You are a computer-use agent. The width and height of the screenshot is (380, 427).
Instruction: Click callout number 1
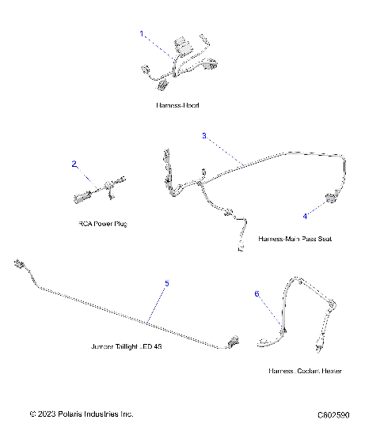click(142, 34)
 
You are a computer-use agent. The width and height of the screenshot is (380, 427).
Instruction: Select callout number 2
click(74, 164)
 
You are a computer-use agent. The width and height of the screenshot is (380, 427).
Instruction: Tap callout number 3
click(203, 136)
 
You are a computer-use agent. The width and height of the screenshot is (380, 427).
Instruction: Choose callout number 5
click(166, 283)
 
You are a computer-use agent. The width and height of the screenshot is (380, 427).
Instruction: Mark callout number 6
click(256, 293)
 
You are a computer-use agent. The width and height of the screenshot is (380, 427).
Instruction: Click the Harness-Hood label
click(178, 105)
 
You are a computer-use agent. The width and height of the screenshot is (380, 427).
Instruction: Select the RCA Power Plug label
click(102, 224)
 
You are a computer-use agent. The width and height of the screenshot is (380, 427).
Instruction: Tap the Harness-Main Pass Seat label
click(294, 238)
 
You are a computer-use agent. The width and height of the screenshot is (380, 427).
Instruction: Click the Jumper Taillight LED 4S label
click(127, 346)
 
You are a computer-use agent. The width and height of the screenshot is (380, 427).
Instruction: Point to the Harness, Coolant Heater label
click(305, 371)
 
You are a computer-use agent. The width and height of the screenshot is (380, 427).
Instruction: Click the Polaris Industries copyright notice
click(82, 414)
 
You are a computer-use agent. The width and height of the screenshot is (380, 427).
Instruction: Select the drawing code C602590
click(332, 414)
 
